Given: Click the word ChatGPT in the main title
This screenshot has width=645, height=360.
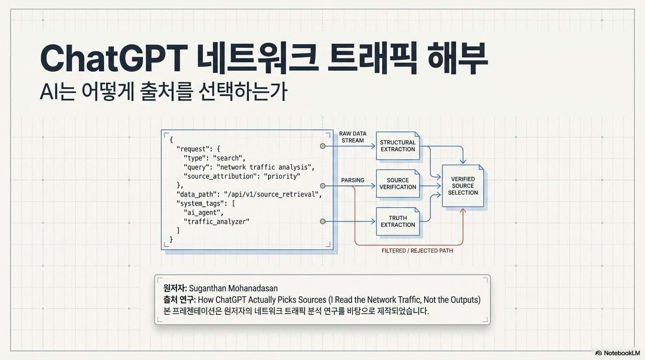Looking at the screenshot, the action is point(113,59).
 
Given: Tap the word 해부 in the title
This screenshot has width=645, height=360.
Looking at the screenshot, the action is point(457,59).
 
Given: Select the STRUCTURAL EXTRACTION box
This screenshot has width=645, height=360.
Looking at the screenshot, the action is point(397,146).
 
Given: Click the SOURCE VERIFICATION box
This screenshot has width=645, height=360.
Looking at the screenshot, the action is point(397,183).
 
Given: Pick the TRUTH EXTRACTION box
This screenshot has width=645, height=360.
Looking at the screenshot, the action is point(397,221).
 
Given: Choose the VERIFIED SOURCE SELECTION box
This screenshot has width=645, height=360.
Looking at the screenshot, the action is point(463,186).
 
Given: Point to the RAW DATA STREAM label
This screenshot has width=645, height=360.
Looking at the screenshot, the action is point(352,137).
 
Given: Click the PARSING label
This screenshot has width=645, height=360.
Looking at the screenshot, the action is point(352,180).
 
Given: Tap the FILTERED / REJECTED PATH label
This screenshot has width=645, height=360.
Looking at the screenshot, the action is point(417,251).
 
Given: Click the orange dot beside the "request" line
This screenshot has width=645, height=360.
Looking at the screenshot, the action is point(323,146).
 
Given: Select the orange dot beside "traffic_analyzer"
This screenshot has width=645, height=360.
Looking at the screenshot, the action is point(323,221).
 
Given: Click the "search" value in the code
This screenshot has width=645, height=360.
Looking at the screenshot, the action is point(229,158).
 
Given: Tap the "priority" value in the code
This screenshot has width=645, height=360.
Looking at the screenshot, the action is point(282,176).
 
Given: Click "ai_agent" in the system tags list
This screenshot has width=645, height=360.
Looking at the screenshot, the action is point(203,212).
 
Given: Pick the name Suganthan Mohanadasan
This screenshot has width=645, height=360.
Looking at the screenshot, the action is point(233,288).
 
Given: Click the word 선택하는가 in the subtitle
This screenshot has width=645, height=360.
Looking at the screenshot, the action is point(243,92).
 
